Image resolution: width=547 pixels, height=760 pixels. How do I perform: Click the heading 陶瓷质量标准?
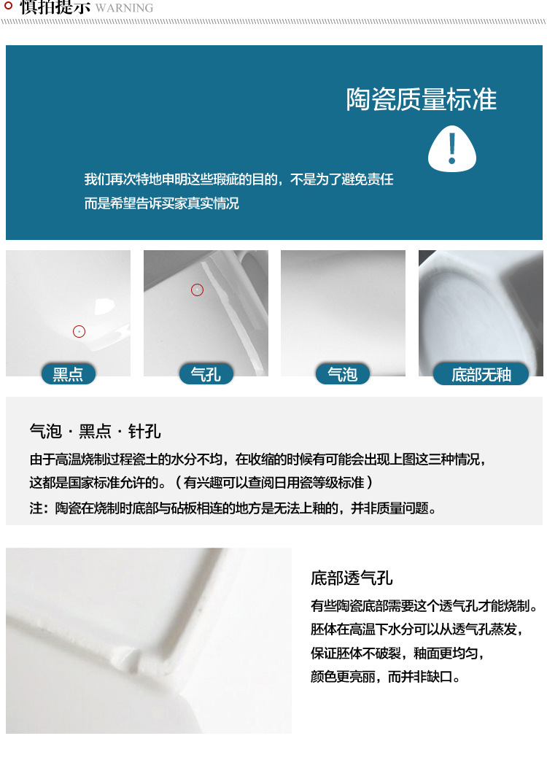[422, 100]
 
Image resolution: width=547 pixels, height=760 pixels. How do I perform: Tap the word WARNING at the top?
[125, 8]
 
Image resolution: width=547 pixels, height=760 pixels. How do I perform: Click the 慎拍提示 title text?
[55, 7]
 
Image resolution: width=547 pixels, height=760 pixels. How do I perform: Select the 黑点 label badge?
[69, 375]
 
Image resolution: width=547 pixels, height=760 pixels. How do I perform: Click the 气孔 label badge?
[206, 375]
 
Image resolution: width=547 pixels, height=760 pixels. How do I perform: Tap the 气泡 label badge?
[343, 375]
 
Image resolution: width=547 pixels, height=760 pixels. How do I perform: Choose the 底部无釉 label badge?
[481, 375]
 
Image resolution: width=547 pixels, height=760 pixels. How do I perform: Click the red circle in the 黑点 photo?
[79, 332]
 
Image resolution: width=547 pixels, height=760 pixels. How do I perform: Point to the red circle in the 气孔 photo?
[197, 290]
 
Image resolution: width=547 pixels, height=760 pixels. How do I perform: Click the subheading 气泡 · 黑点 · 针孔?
[95, 431]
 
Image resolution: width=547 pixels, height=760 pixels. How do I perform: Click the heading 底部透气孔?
[352, 578]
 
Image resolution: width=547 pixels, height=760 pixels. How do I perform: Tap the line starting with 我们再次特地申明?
[238, 179]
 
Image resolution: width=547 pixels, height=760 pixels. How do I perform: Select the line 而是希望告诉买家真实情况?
[161, 203]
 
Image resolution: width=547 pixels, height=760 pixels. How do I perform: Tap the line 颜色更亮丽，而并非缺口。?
[386, 676]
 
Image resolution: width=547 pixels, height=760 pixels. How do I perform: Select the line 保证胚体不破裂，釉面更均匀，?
[397, 653]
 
